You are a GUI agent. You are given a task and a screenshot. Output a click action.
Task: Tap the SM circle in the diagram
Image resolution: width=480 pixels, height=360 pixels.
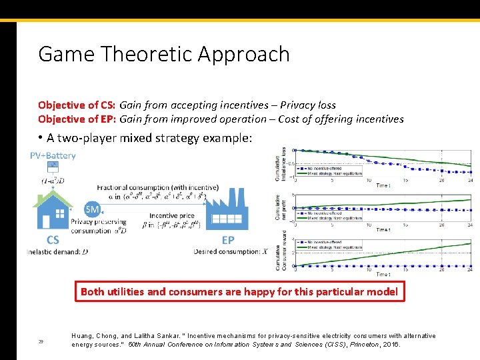93,209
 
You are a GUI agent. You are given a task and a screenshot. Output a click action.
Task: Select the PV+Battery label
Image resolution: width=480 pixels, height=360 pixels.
53,156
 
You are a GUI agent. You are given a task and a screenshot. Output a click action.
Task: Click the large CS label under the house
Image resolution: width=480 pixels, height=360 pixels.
52,240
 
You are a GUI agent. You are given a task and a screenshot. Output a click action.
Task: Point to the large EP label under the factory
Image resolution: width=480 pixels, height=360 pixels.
228,240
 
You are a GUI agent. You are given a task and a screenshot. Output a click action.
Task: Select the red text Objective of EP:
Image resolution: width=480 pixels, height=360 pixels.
77,119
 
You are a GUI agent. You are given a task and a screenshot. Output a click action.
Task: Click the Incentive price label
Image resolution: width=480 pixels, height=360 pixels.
172,216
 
